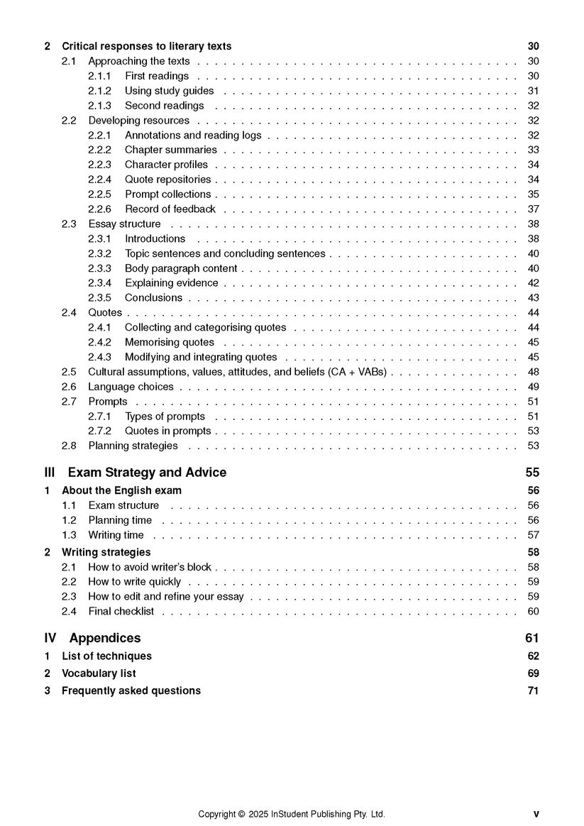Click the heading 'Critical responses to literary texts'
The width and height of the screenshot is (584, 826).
coord(146,46)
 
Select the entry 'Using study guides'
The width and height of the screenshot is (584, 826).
coord(169,91)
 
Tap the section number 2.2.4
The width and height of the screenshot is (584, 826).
coord(99,180)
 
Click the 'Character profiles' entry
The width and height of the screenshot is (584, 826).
coord(166,165)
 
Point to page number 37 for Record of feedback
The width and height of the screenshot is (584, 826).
coord(533,209)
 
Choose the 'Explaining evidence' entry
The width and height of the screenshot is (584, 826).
coord(172,283)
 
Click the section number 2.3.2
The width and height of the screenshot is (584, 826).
coord(99,253)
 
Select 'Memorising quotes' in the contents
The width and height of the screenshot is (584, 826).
coord(169,343)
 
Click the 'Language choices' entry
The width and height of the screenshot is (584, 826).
coord(131,387)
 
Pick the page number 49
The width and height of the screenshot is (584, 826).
coord(533,387)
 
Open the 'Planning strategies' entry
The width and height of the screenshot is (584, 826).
coord(133,446)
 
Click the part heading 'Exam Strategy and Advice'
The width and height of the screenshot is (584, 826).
coord(147,473)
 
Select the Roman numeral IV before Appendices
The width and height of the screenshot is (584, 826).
coord(50,638)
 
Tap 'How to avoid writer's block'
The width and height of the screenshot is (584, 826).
coord(150,567)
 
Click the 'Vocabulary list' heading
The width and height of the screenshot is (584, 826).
coord(99,673)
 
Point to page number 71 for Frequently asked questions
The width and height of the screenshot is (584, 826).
coord(533,690)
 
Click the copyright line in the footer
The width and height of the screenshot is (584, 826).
coord(291,814)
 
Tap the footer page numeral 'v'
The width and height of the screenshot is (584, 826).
coord(536,814)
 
